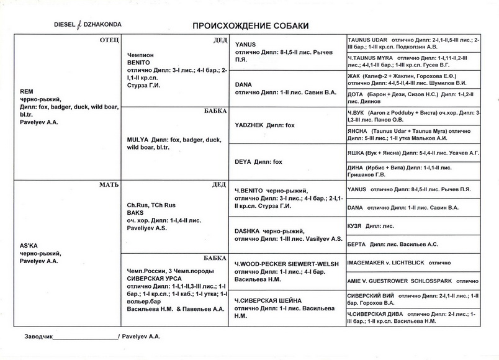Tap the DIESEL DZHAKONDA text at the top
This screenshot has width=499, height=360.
tap(88, 25)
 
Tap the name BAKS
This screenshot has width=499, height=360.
tap(135, 212)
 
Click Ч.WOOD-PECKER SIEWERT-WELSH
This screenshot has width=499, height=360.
tap(287, 264)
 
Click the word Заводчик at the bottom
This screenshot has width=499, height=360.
tap(38, 336)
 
